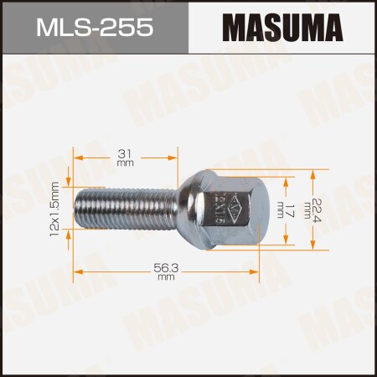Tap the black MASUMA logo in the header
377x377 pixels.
(x=284, y=28)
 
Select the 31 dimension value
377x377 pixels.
(x=126, y=152)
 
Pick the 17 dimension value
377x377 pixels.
(x=289, y=209)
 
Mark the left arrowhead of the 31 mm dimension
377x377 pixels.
(x=78, y=157)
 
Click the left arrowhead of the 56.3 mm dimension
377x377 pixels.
(x=78, y=270)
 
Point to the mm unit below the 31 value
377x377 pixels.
(x=126, y=163)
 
